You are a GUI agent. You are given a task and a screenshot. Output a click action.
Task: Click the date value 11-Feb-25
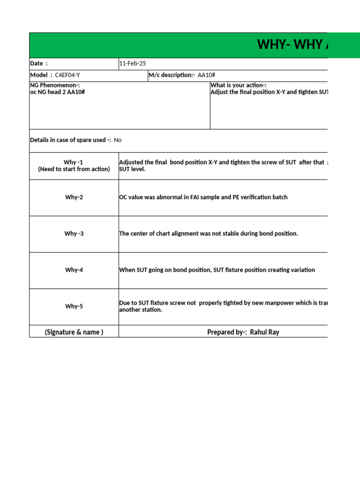[133, 63]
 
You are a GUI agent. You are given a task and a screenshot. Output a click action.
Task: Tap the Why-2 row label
[74, 197]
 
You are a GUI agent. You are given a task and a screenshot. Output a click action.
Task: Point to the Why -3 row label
[74, 233]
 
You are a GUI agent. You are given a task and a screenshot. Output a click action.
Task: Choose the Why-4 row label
[74, 270]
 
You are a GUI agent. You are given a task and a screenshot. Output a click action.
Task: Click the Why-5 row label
[74, 307]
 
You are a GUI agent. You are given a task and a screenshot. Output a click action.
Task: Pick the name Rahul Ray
[265, 332]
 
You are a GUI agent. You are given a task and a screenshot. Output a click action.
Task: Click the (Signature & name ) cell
[74, 332]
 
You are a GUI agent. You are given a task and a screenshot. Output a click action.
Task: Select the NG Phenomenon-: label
[55, 85]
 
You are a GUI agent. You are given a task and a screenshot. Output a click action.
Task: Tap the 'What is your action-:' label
[239, 85]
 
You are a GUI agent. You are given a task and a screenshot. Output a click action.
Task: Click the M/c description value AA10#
[206, 75]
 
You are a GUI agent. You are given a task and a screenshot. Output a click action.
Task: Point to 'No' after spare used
[118, 140]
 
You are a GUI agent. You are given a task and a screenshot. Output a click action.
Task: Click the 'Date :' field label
[39, 63]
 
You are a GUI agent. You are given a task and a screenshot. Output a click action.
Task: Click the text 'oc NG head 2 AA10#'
[58, 92]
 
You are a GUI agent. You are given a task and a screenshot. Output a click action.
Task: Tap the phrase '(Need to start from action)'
[74, 169]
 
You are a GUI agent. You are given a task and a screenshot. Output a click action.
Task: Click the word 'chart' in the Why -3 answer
[165, 233]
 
